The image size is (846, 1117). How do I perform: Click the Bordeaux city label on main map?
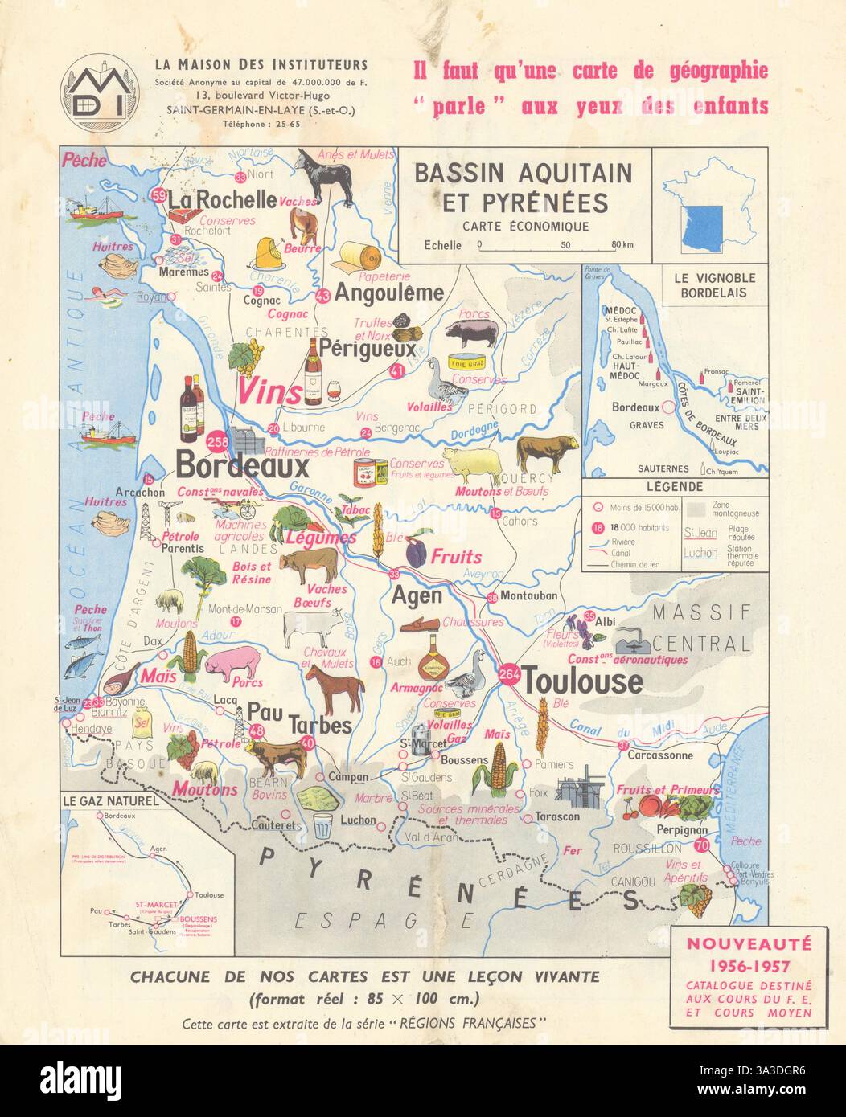(x=231, y=467)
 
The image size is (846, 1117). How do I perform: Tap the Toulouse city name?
(x=583, y=681)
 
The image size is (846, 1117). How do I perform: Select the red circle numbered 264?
(x=508, y=675)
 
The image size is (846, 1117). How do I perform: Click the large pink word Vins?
(x=268, y=392)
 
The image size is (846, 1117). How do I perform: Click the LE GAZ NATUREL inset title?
(x=112, y=800)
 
